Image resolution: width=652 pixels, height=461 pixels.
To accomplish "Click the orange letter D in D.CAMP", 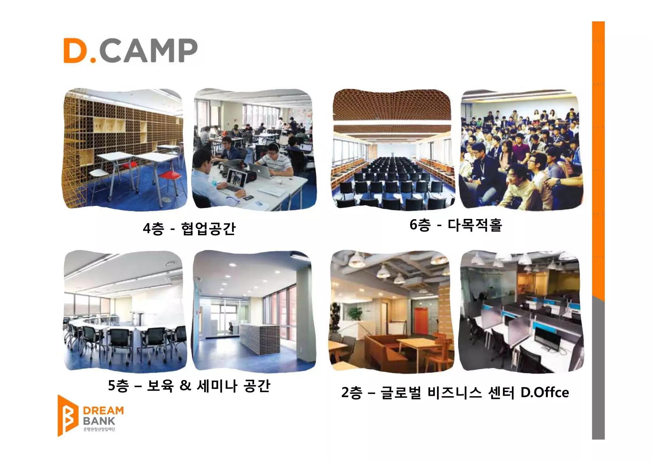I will click(x=75, y=51).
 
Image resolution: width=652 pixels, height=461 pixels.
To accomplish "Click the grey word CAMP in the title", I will click(x=148, y=51).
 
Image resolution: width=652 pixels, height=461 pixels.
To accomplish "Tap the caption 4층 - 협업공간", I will click(x=189, y=228).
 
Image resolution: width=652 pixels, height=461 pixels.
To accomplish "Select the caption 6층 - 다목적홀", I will click(x=456, y=225).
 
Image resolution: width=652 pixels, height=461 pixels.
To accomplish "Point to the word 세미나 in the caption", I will click(x=217, y=386).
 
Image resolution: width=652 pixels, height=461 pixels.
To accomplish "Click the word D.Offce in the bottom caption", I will click(x=544, y=393).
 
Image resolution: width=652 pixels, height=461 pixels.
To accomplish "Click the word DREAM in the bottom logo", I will click(x=103, y=411).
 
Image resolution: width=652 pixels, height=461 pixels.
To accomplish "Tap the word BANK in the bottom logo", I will click(x=99, y=421).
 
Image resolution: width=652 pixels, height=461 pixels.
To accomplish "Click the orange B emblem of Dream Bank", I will click(x=67, y=416).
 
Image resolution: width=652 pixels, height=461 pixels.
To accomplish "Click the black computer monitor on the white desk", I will click(x=548, y=337).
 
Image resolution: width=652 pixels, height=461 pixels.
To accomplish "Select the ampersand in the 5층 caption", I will click(x=185, y=386).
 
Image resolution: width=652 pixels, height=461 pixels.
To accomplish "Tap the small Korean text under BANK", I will click(x=99, y=430).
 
